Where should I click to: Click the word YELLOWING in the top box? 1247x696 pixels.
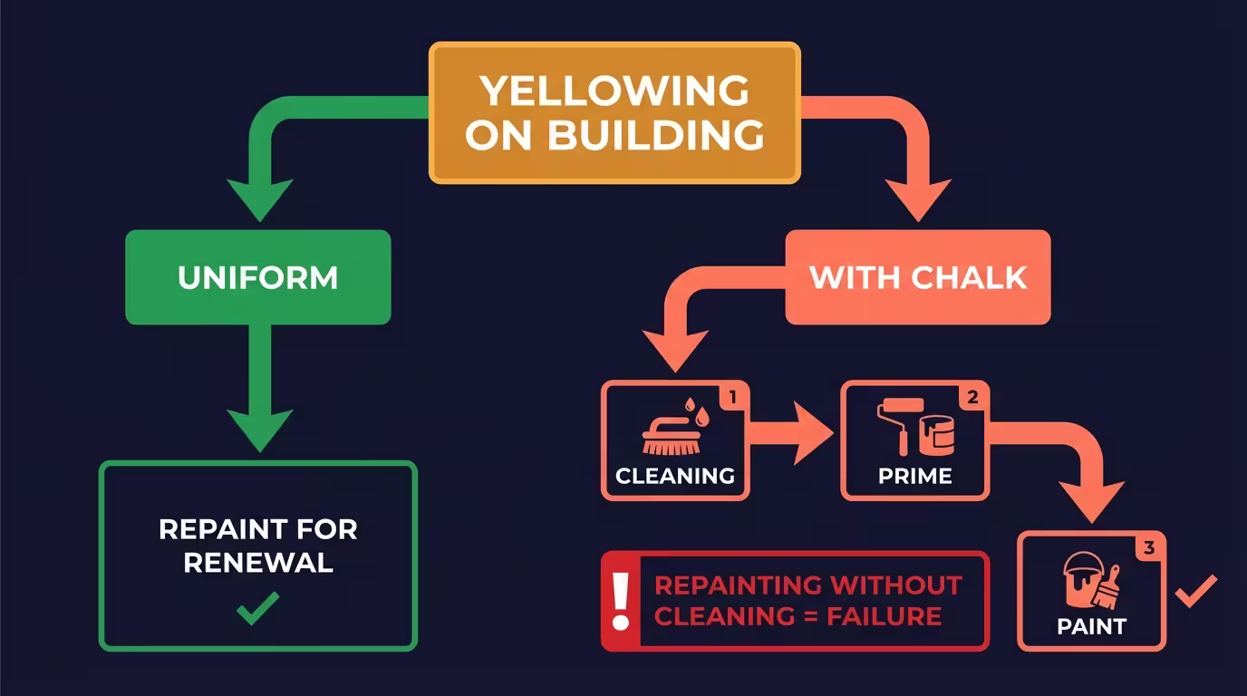pos(614,91)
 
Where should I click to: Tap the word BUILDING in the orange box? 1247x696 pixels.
pos(655,135)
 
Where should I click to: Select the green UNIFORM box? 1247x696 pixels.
pos(257,277)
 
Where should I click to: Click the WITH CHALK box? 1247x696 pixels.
pos(917,277)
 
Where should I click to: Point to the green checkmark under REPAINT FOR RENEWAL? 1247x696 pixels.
pos(257,609)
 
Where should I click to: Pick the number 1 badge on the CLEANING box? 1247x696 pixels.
pos(734,396)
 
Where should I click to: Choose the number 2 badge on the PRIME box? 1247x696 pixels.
pos(972,396)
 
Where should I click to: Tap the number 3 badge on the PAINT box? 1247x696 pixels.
pos(1149,547)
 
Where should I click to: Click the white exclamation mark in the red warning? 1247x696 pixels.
pos(621,601)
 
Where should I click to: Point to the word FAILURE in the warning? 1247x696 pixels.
pos(884,617)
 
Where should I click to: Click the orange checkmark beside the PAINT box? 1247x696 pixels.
pos(1196,592)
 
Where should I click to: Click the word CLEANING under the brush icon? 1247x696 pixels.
pos(675,476)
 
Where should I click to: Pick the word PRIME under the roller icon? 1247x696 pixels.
pos(914,476)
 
